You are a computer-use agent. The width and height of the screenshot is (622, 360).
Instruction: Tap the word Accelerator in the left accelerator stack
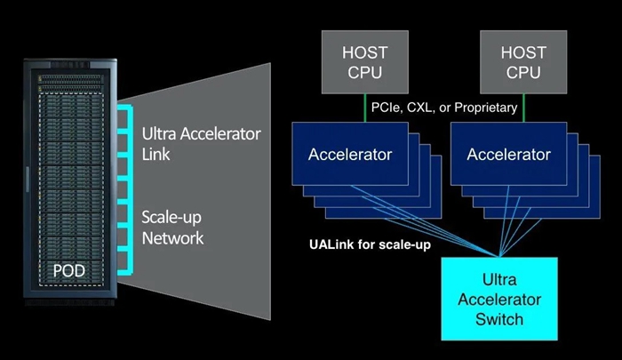pos(350,155)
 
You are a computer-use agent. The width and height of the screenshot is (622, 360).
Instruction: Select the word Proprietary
pos(483,107)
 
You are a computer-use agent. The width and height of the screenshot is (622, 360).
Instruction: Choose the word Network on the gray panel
pos(172,237)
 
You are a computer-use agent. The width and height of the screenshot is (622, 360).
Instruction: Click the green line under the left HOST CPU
pos(364,107)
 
